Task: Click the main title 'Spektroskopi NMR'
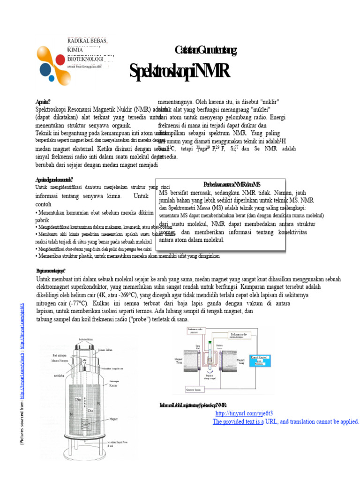180,72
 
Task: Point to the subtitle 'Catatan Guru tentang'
206,50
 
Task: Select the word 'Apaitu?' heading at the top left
43,101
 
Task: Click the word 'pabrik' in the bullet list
43,219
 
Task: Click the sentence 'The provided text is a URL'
286,421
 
